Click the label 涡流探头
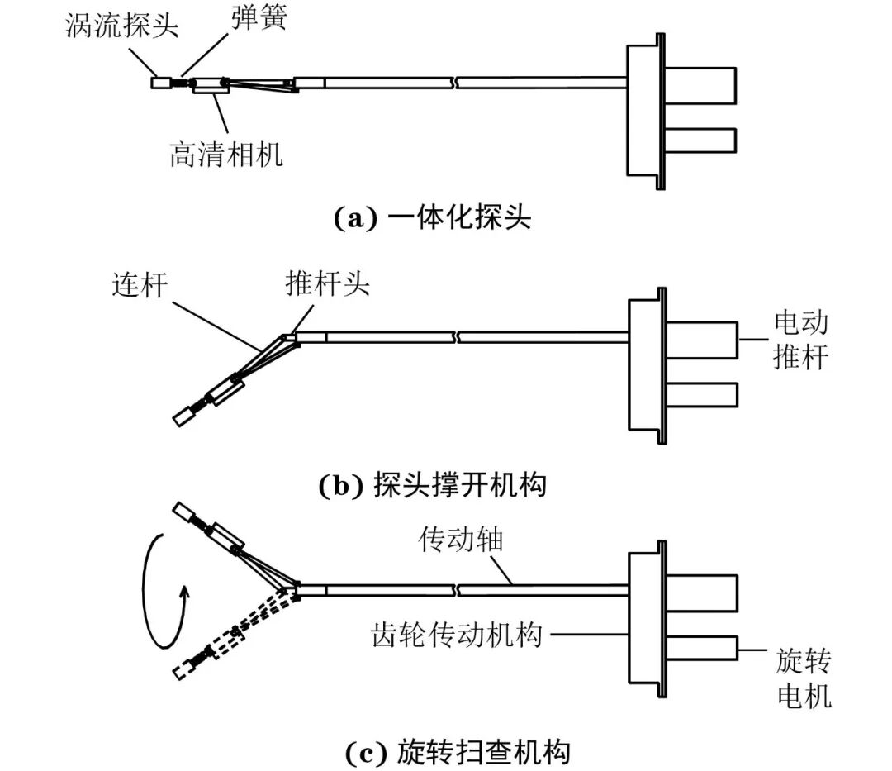(121, 26)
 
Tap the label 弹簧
(259, 18)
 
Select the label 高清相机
(226, 154)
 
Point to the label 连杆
(140, 286)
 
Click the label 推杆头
(328, 285)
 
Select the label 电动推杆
(800, 340)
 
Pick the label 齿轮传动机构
(457, 635)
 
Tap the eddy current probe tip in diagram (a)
(159, 83)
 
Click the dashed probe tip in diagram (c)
(182, 671)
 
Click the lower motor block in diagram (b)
(700, 394)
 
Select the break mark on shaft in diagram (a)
(455, 83)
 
